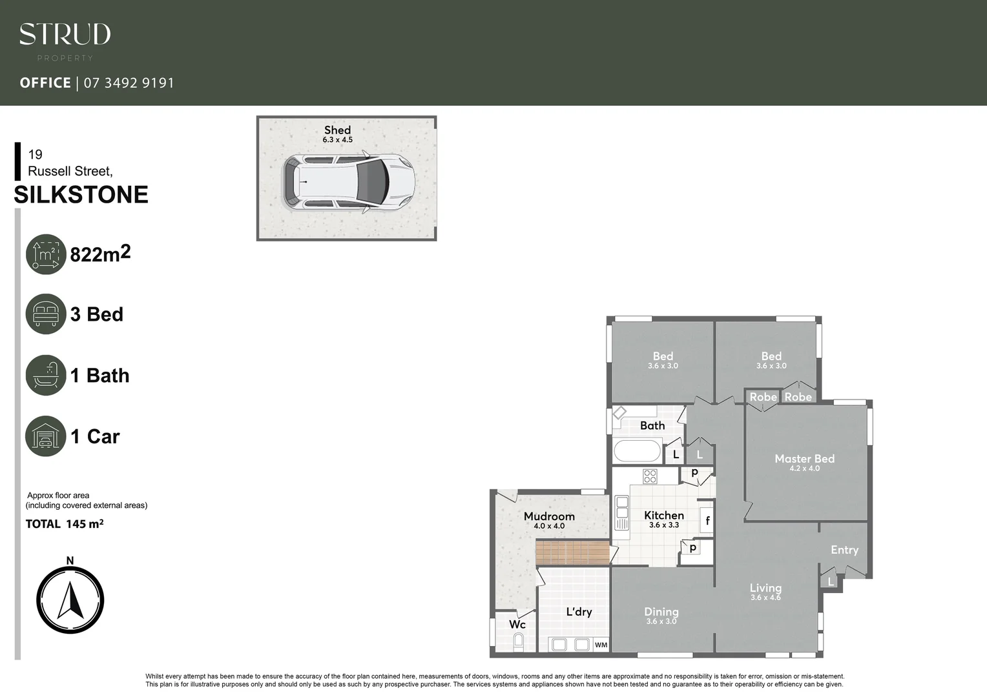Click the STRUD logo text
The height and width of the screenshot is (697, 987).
coord(65,35)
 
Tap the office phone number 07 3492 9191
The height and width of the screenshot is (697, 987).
coord(129,83)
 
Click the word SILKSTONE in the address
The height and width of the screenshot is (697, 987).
coord(81,194)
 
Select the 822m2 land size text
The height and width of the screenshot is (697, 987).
coord(100,254)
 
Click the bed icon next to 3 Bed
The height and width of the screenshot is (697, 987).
coord(46,314)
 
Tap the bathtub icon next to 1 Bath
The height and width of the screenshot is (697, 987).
coord(46,375)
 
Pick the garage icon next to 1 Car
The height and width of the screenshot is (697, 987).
coord(46,436)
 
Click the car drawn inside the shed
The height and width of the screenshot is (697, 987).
coord(348,182)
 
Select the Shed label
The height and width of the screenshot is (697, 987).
coord(337,130)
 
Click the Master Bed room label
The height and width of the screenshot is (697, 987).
coord(804,459)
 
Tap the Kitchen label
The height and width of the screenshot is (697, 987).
coord(663,515)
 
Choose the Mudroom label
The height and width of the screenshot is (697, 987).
coord(549,516)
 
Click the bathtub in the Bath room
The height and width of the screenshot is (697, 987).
coord(637,450)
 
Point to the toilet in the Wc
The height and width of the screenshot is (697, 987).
coord(517,642)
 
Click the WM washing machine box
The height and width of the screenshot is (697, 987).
coord(601,644)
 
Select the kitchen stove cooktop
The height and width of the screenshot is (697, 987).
coord(650,476)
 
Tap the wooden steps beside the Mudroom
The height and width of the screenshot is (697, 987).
coord(572,553)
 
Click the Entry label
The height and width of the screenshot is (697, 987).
coord(844,550)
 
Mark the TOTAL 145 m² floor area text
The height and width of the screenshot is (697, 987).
coord(65,524)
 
